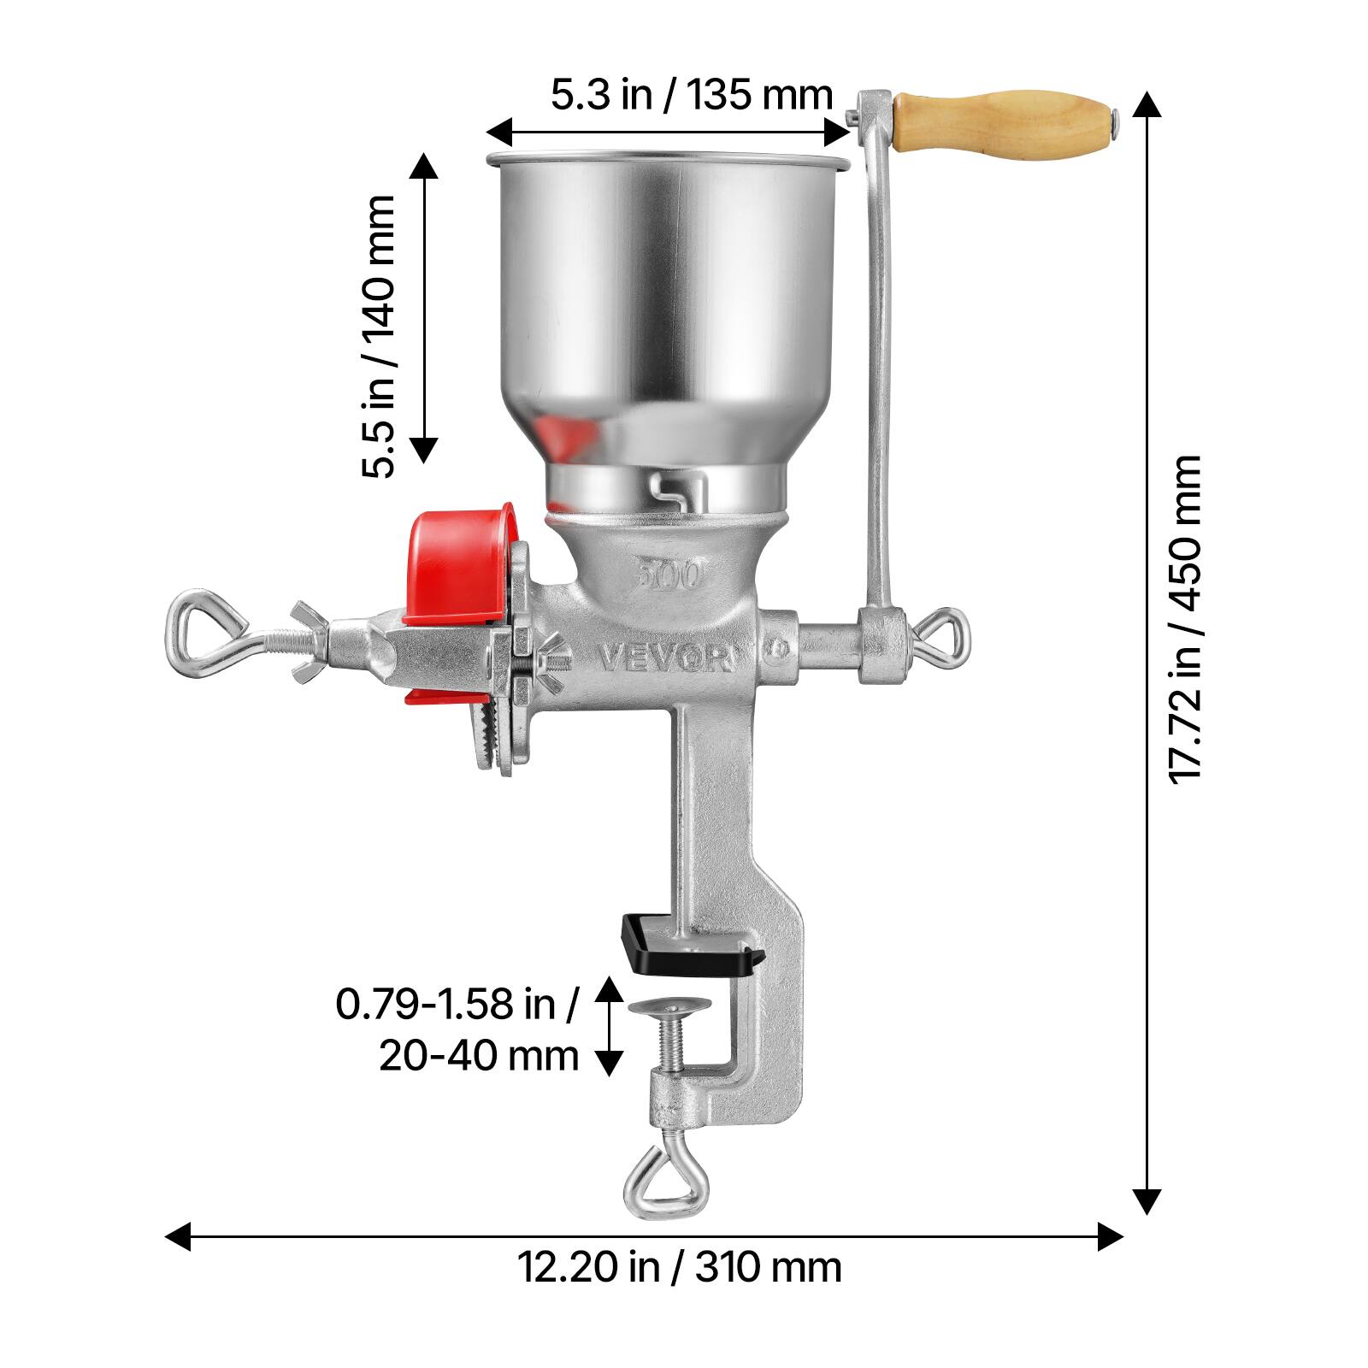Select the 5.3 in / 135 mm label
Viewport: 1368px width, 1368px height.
pyautogui.click(x=691, y=95)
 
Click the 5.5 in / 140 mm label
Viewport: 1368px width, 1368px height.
pyautogui.click(x=377, y=336)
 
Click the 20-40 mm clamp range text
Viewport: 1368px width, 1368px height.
pyautogui.click(x=479, y=1057)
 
